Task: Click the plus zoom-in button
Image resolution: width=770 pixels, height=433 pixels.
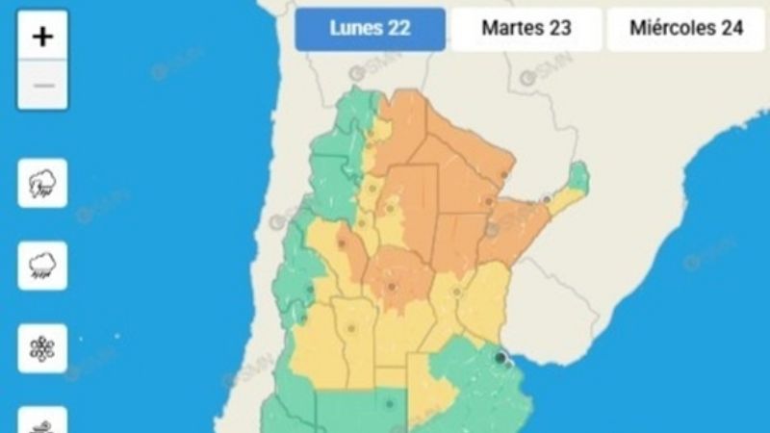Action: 42,37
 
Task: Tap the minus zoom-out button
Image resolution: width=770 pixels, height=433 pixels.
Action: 42,86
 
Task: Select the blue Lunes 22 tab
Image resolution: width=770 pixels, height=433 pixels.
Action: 370,29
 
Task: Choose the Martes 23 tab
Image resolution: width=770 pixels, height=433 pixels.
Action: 526,29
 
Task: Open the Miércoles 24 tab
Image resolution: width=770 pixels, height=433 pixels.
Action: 686,29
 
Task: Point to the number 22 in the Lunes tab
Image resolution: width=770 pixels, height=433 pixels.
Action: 397,29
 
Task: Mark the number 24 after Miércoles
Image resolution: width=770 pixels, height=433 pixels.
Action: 731,29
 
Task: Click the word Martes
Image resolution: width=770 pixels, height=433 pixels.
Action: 511,29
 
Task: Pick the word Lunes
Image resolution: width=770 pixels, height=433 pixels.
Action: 356,29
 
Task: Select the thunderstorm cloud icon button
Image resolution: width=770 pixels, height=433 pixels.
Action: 42,183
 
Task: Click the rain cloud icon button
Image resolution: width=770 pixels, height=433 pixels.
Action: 42,266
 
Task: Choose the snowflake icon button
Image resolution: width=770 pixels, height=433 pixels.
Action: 42,347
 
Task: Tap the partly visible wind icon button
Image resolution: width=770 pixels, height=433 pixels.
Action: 42,420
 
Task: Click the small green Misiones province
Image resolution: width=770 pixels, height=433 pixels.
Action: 577,178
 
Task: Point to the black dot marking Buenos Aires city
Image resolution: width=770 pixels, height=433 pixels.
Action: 500,358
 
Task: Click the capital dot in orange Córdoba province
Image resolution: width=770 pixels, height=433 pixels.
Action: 392,286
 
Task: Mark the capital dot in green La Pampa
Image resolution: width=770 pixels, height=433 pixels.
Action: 389,404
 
